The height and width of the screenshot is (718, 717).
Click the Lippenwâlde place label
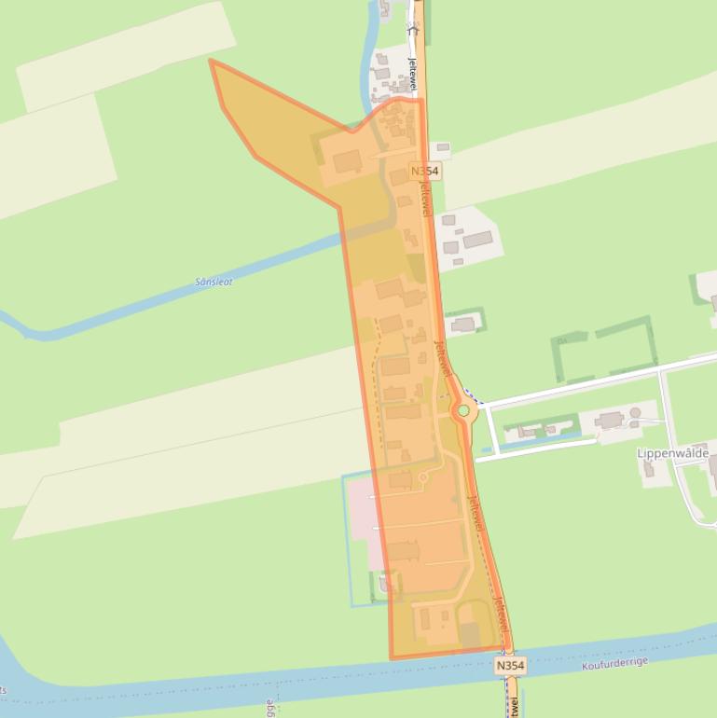[672, 453]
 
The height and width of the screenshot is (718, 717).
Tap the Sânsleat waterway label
[214, 282]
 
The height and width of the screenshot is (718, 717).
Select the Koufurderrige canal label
[614, 664]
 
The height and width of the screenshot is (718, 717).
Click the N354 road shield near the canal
[510, 666]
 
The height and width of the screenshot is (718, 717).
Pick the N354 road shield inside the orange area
[424, 172]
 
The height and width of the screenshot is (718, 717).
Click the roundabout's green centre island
[462, 410]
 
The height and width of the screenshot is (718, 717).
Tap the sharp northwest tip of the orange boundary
[212, 62]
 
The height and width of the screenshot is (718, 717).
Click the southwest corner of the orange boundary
[392, 657]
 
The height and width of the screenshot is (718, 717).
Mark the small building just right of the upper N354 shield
[442, 147]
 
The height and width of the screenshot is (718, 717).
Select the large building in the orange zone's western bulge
[347, 163]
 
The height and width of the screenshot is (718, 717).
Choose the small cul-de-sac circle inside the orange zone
[422, 478]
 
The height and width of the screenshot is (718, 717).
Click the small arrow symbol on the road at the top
[414, 28]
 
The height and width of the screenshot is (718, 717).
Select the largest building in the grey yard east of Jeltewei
[476, 241]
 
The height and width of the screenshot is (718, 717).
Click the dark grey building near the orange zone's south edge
[470, 635]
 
